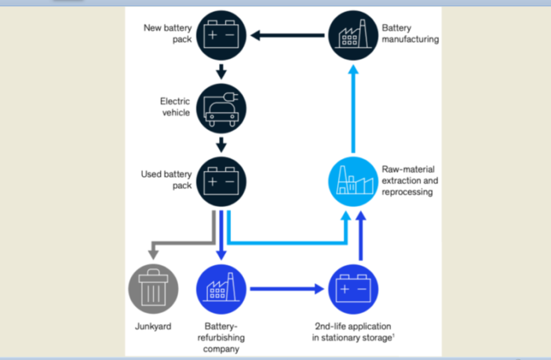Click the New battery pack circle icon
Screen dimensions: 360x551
(221, 35)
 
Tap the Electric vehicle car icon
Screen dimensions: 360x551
(221, 109)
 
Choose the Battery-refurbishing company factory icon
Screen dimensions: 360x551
(221, 289)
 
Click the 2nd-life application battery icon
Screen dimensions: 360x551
(352, 289)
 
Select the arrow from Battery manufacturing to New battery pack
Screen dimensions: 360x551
(287, 35)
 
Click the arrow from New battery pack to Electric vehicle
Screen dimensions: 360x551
(221, 72)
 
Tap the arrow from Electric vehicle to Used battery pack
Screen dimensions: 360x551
(221, 144)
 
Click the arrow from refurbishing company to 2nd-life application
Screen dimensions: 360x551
(287, 289)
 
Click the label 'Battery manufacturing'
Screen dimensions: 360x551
(409, 33)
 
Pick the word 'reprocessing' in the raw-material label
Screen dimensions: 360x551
(409, 191)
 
